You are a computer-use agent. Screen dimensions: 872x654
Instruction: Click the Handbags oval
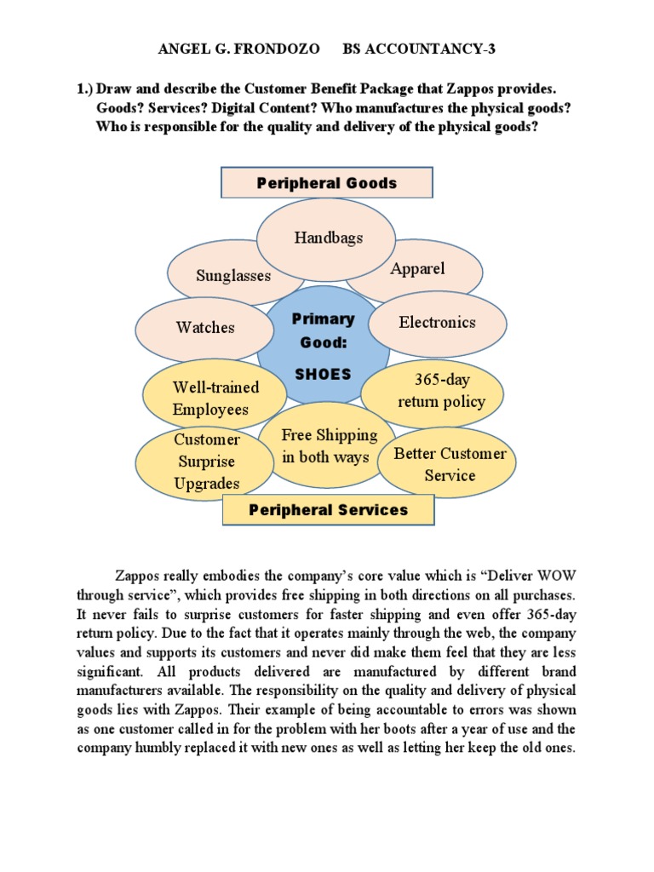(328, 238)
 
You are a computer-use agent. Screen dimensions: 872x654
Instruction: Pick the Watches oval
(205, 328)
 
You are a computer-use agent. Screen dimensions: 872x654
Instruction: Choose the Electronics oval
(438, 323)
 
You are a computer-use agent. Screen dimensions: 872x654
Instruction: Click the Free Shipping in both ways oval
(330, 446)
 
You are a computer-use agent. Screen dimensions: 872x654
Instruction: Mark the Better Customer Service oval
(449, 464)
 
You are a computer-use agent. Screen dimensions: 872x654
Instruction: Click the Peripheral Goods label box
(328, 183)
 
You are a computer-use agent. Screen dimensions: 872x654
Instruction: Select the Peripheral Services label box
(328, 510)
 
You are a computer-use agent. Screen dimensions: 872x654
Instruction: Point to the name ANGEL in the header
(184, 49)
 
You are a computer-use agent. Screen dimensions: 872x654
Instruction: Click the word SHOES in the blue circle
(323, 374)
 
